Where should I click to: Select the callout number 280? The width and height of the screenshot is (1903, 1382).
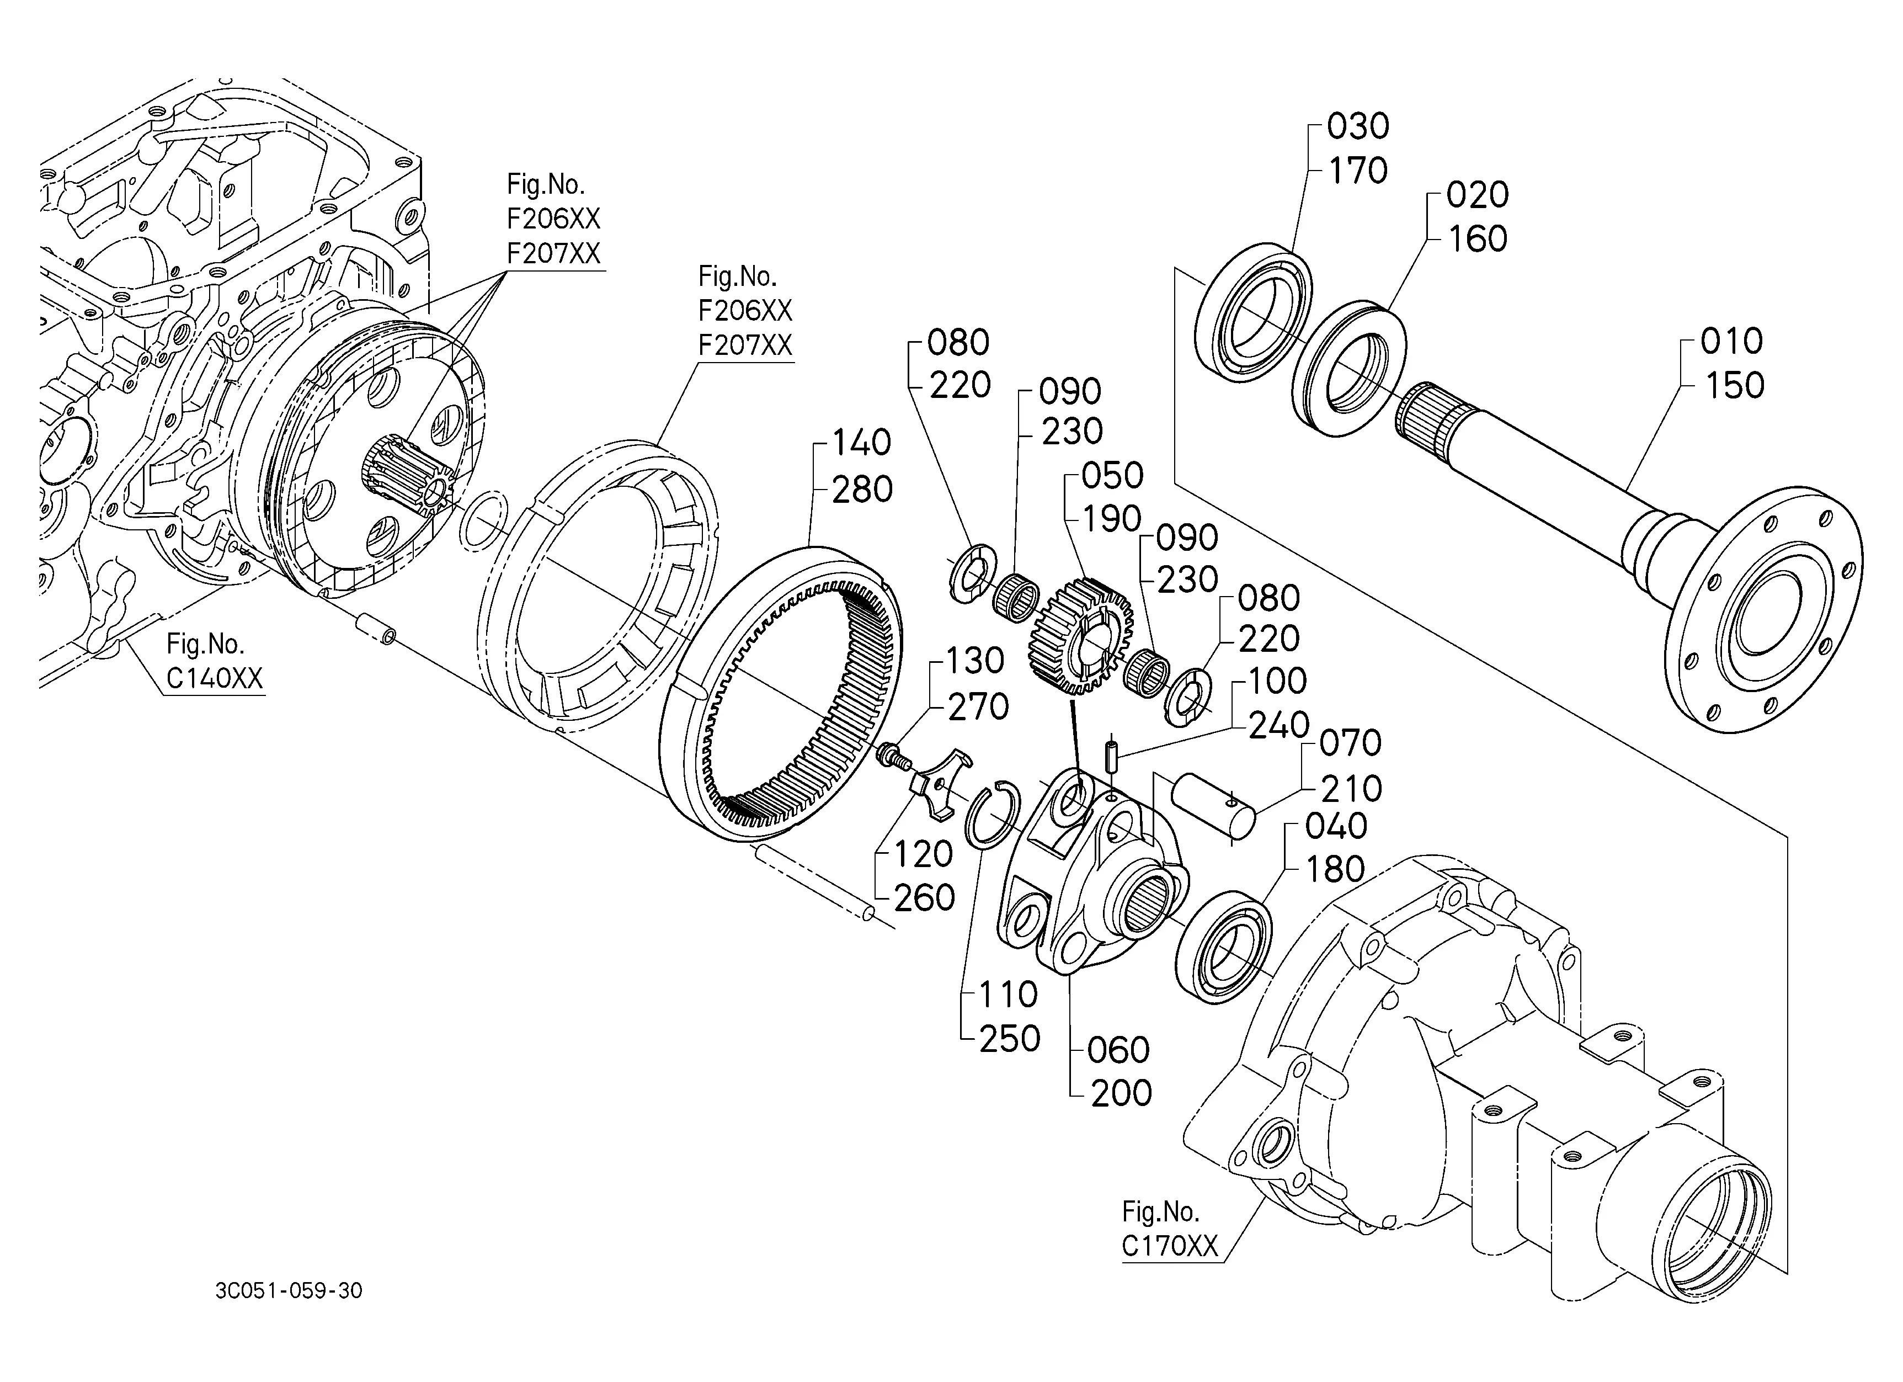click(862, 489)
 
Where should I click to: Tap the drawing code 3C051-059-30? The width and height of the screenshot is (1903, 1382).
click(289, 1290)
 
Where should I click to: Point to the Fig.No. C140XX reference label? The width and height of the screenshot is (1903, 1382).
click(214, 661)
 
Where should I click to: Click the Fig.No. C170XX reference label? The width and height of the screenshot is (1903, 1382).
click(1170, 1229)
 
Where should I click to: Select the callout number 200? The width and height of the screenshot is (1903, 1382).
click(1121, 1093)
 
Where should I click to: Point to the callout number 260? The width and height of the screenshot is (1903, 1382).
click(924, 899)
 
